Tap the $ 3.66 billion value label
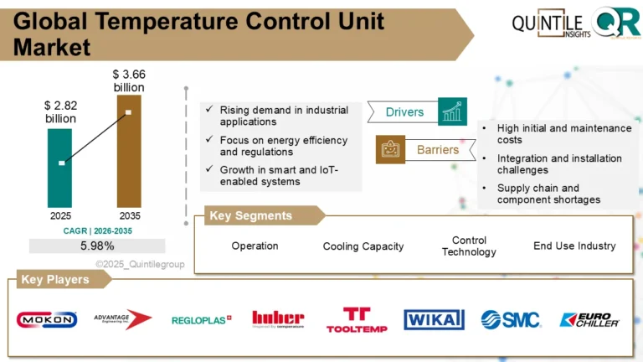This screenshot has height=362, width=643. click(x=128, y=81)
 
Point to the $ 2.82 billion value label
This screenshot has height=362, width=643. click(x=60, y=112)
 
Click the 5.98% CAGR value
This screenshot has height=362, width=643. click(x=97, y=246)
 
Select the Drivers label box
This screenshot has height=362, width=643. click(x=404, y=112)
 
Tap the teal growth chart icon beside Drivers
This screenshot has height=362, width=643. click(x=452, y=111)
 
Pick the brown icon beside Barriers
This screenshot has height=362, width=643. click(x=390, y=150)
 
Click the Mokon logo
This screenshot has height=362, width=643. click(x=47, y=319)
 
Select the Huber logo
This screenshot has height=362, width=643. click(x=278, y=318)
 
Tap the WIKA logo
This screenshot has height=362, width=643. click(x=434, y=319)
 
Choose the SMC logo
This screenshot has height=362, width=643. click(x=511, y=319)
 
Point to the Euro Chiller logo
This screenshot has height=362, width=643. click(x=589, y=319)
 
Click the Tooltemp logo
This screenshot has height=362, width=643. click(x=357, y=319)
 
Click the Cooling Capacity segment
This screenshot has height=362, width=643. click(x=363, y=246)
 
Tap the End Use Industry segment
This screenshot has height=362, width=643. click(x=574, y=246)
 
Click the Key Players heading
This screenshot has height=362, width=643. click(x=55, y=280)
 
